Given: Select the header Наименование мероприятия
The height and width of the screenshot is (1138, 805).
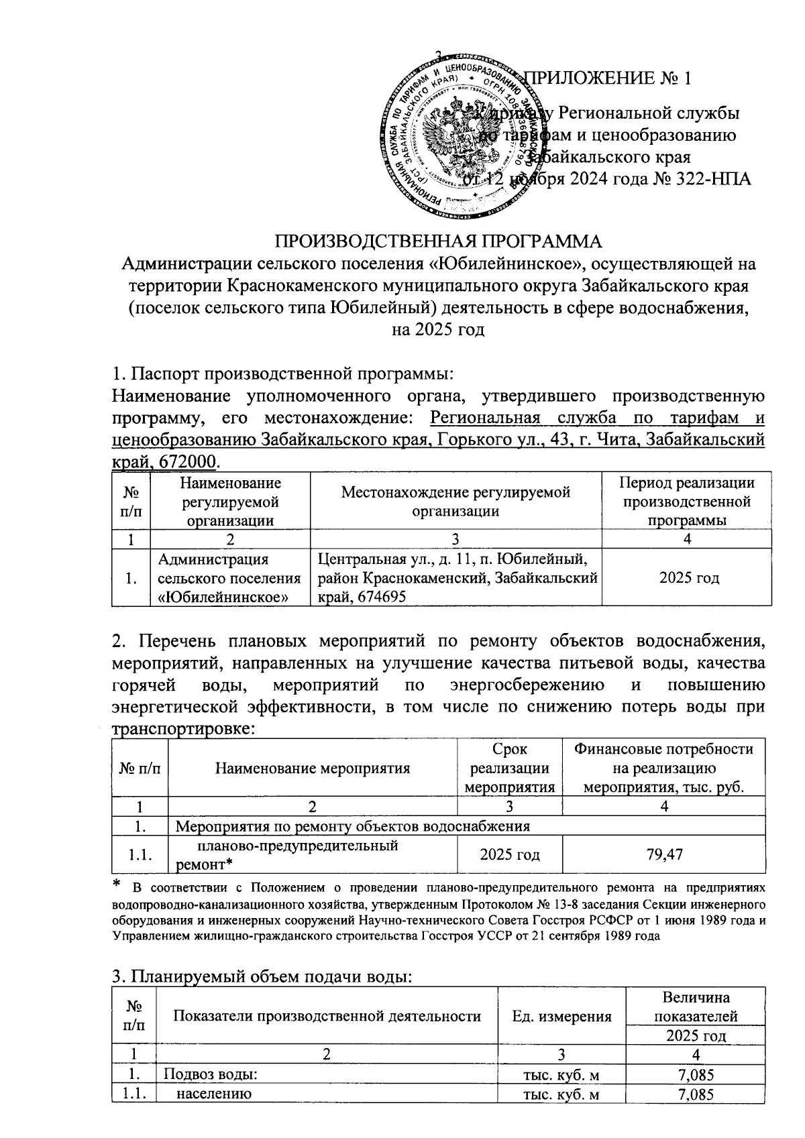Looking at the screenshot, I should [312, 769].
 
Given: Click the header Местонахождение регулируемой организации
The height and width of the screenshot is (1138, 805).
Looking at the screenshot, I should [455, 501].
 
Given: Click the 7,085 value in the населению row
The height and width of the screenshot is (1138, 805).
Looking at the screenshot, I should [696, 1094].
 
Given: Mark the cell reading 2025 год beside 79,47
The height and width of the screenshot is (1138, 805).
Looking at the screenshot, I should [510, 854].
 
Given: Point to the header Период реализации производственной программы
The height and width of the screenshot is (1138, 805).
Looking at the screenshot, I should [686, 501].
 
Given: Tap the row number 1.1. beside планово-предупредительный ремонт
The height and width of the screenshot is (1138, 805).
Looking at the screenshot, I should [139, 854].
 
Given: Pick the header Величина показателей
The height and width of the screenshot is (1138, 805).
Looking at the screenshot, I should [696, 1007].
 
